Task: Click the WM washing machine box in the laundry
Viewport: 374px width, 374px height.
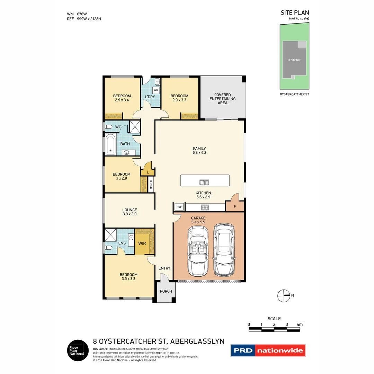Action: pyautogui.click(x=156, y=90)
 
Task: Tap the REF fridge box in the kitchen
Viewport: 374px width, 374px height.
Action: pyautogui.click(x=179, y=207)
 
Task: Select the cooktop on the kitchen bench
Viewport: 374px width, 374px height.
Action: pyautogui.click(x=205, y=207)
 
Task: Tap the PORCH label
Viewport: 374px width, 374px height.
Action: pyautogui.click(x=166, y=291)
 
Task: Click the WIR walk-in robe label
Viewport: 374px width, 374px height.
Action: pyautogui.click(x=142, y=243)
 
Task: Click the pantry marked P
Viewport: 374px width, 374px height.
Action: pyautogui.click(x=235, y=206)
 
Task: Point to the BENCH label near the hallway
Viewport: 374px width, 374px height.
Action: pyautogui.click(x=151, y=185)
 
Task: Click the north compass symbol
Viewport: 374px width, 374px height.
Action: pyautogui.click(x=284, y=295)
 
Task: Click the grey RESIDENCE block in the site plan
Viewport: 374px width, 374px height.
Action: pyautogui.click(x=294, y=60)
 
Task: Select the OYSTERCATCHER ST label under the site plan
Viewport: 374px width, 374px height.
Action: pyautogui.click(x=294, y=94)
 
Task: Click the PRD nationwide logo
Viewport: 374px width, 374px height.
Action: pyautogui.click(x=268, y=350)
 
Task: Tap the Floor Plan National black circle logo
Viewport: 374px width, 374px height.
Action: pyautogui.click(x=77, y=350)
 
